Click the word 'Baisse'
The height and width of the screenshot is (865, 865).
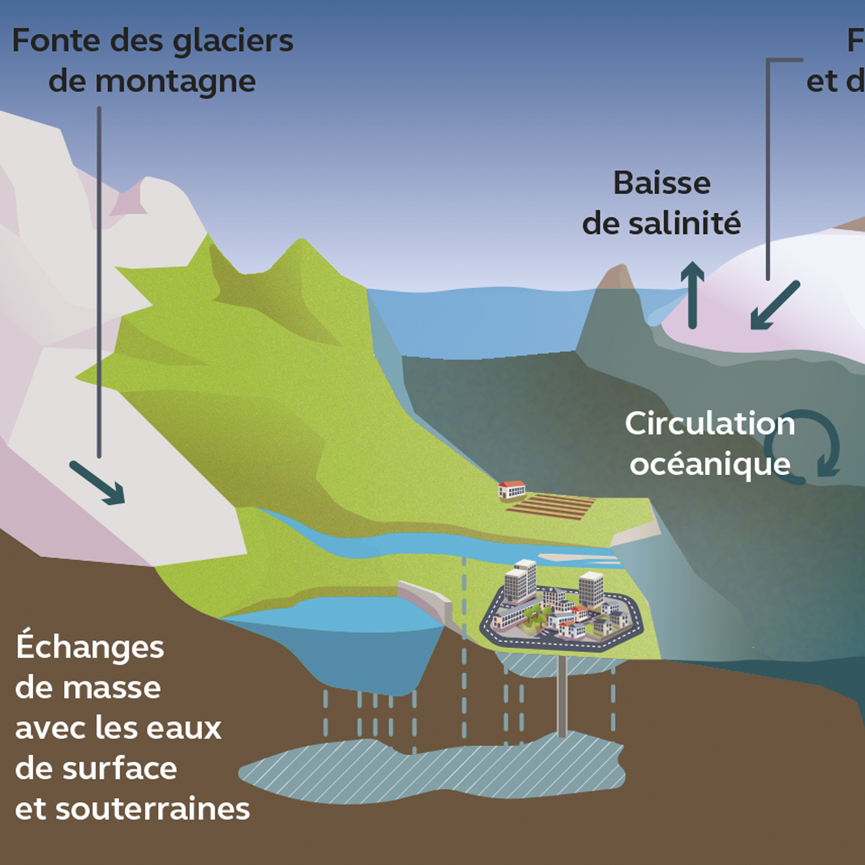coord(662,183)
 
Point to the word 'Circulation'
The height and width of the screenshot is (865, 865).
coord(709,424)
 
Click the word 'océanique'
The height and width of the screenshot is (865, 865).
coord(710,465)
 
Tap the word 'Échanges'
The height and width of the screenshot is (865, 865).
coord(89,647)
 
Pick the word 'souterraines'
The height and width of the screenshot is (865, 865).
coord(152,809)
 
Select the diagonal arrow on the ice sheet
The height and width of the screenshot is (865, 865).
coord(774,305)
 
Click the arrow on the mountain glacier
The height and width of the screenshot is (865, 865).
coord(98,483)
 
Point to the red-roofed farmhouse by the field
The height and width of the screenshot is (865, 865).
coord(512,489)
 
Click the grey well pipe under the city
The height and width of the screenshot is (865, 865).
coord(562,695)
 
